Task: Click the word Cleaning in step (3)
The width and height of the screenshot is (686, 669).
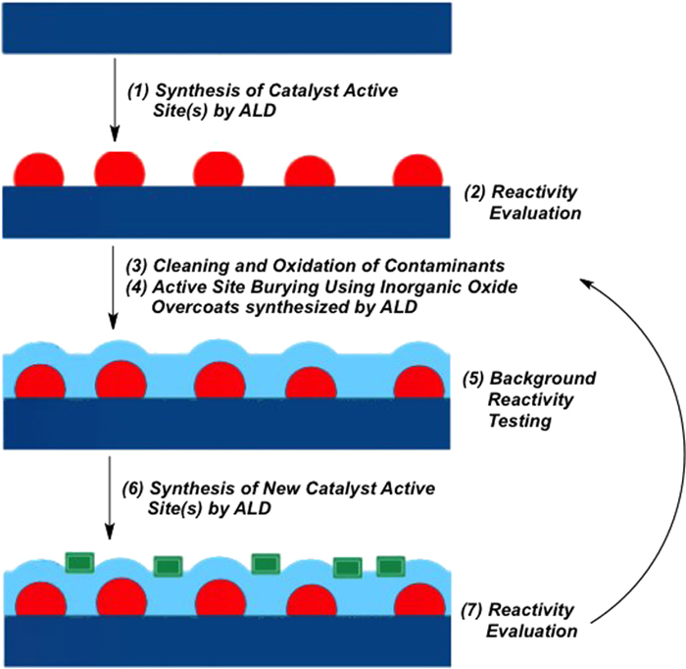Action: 199,265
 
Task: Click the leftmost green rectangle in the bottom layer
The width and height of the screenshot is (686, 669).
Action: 78,562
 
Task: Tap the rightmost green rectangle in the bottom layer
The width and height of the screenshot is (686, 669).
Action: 391,566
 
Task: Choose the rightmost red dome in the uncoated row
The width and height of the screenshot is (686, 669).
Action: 418,171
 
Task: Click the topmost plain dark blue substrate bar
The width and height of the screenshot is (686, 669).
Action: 226,26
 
